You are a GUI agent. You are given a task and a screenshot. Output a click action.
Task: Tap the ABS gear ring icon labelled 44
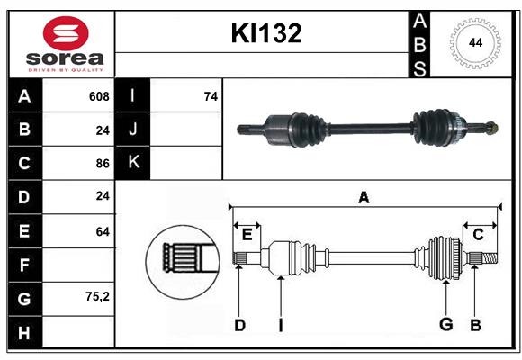(473, 42)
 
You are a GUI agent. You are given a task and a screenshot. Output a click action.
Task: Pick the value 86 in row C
(102, 164)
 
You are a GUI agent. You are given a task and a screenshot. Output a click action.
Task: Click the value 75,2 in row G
(96, 297)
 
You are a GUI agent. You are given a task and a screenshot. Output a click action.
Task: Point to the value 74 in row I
(211, 96)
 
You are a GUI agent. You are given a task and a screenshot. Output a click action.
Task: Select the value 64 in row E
(102, 231)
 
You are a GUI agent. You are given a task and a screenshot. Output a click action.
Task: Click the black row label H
(24, 332)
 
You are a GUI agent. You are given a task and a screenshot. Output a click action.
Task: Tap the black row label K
(132, 163)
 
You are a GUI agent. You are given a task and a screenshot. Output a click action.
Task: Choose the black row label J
(132, 130)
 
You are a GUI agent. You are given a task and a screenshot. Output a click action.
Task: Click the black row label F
(24, 265)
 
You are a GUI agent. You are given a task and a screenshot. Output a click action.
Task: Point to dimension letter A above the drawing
(364, 197)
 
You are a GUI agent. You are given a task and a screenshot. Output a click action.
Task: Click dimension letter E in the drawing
(247, 235)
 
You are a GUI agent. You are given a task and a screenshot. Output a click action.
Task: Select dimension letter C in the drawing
(478, 235)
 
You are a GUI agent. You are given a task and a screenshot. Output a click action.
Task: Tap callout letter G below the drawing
(445, 325)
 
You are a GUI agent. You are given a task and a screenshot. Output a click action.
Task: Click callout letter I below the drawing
(280, 325)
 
